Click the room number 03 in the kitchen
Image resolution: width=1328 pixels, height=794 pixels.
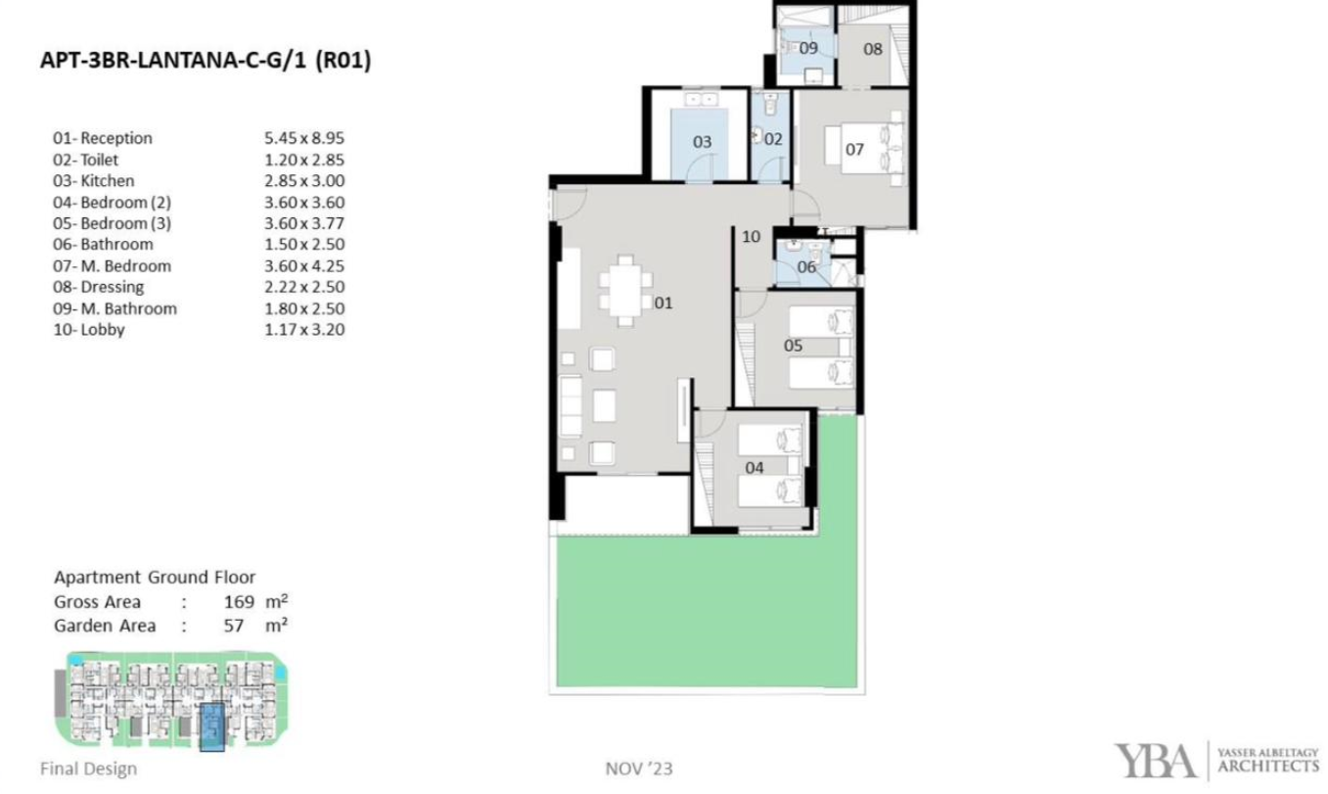click(x=702, y=142)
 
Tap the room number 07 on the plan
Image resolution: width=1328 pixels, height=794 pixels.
click(x=854, y=150)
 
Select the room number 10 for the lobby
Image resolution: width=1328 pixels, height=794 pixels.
click(x=752, y=237)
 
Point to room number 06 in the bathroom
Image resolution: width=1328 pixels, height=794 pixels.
click(x=806, y=267)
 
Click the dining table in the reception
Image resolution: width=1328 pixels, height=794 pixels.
click(x=625, y=291)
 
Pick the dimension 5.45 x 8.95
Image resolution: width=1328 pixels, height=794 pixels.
click(x=304, y=138)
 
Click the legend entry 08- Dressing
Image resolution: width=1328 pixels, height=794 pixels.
click(x=99, y=287)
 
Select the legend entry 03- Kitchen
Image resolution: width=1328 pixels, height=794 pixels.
click(x=94, y=181)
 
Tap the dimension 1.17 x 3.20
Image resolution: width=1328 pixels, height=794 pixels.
click(x=304, y=330)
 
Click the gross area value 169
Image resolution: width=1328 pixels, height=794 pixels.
click(x=239, y=602)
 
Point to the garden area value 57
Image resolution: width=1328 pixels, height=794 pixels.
click(x=234, y=626)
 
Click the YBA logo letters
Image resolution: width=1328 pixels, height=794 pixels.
click(x=1155, y=762)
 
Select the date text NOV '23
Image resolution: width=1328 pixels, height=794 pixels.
click(x=639, y=770)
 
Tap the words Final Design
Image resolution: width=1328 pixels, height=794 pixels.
click(x=88, y=770)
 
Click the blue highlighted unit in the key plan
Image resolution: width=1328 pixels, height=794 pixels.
click(x=211, y=727)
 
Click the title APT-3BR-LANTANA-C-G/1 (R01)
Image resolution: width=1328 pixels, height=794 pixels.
click(x=206, y=61)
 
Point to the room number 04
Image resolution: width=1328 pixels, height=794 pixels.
click(x=755, y=468)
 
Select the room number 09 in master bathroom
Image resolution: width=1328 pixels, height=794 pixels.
click(x=808, y=48)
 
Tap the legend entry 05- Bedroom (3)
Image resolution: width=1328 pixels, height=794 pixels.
click(x=112, y=223)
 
